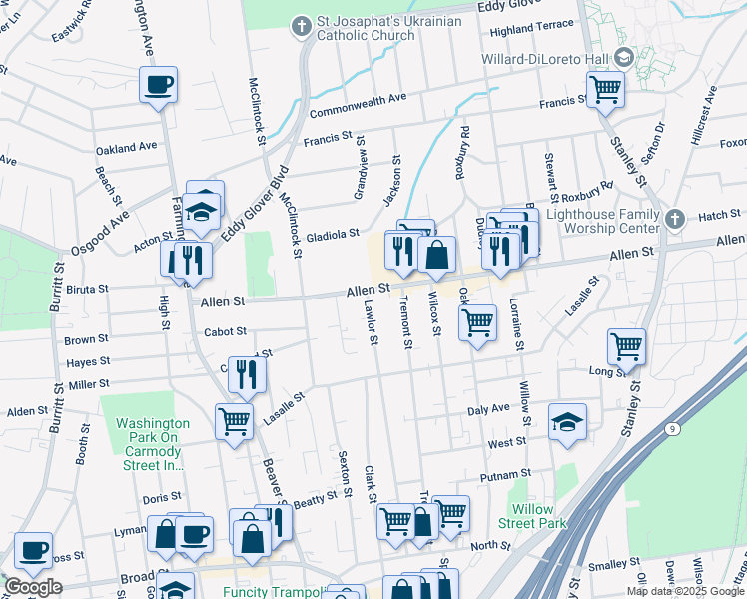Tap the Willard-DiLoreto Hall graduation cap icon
click(x=624, y=58)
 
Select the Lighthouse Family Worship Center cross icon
click(x=675, y=219)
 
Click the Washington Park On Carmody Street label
click(x=152, y=443)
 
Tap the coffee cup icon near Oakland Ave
click(x=158, y=85)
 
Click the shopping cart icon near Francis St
click(x=605, y=90)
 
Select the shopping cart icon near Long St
click(x=626, y=347)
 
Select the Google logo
click(x=33, y=587)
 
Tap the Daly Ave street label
click(x=488, y=409)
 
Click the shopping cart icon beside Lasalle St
click(x=234, y=421)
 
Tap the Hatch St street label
click(x=719, y=215)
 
